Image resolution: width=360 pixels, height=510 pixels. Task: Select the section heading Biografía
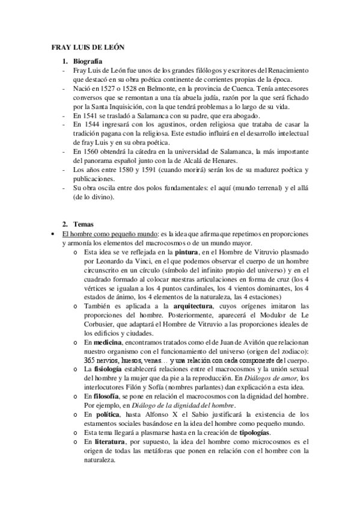(87, 61)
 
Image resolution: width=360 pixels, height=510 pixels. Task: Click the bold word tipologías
(255, 433)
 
